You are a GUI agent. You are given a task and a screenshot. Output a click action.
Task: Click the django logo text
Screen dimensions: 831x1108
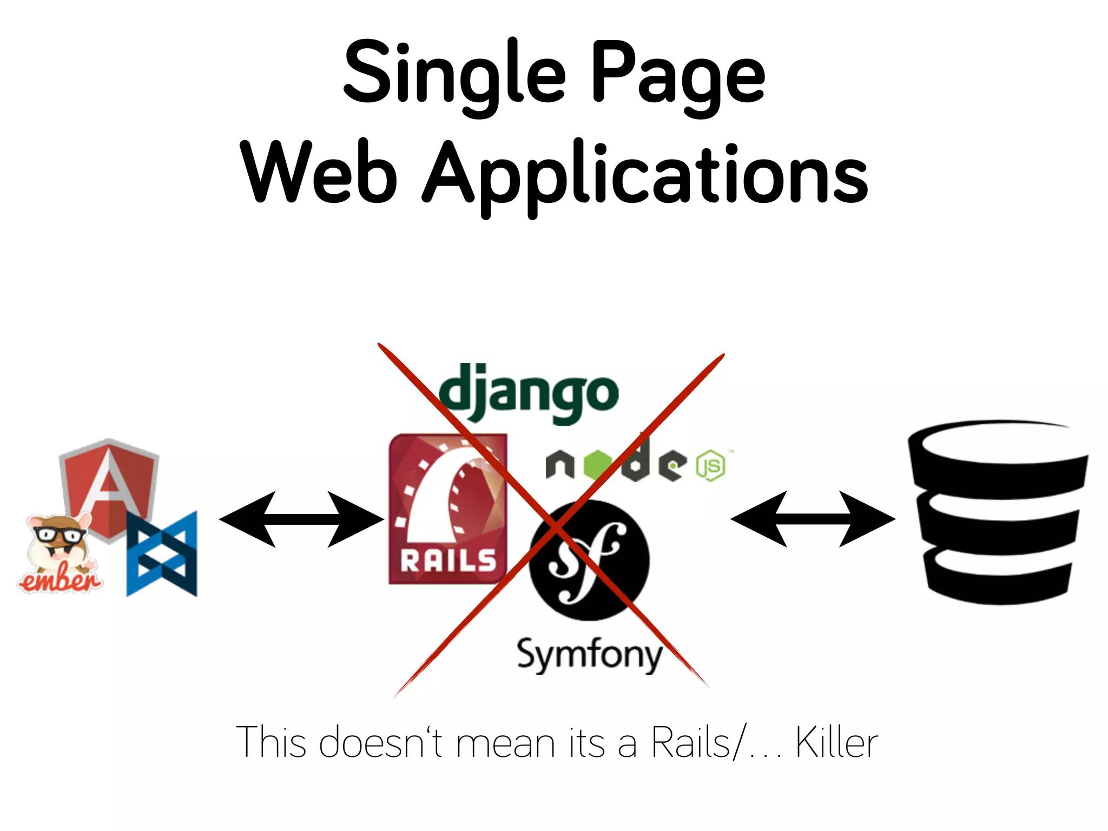tap(528, 393)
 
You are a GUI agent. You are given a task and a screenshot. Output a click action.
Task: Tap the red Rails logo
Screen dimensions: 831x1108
tap(448, 509)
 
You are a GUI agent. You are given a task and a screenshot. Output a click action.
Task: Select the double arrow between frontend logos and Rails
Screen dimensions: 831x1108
tap(301, 519)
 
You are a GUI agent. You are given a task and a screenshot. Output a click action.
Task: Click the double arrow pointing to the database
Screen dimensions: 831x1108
tap(813, 519)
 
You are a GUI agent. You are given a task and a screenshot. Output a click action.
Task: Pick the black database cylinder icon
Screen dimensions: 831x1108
tap(998, 511)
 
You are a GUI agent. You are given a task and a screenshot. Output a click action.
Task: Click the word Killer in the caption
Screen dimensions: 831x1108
tap(836, 743)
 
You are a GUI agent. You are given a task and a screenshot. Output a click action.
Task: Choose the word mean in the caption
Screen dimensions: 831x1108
tap(505, 743)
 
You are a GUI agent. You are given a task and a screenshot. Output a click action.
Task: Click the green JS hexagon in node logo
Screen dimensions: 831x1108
tap(710, 465)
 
